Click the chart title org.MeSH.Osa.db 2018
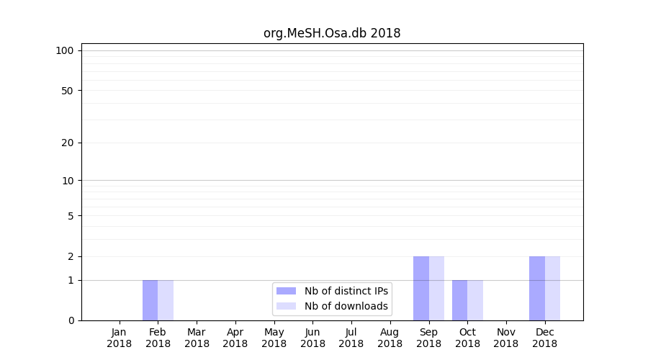pos(332,33)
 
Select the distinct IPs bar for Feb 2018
pos(150,300)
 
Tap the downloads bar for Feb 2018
pos(166,300)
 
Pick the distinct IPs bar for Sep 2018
pos(421,288)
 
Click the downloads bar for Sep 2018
pos(436,288)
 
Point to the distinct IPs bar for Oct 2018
pos(459,300)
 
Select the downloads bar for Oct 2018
pos(475,300)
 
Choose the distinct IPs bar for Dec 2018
pos(537,288)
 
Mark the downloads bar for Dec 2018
pos(552,288)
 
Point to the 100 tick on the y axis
pos(65,50)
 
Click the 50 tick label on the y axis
pos(68,91)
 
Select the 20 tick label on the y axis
pos(68,143)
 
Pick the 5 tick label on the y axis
pos(71,216)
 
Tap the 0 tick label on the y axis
pos(71,320)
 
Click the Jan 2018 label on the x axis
pos(120,338)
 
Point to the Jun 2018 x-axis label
pos(312,338)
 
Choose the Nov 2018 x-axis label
pos(506,338)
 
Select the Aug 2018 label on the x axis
pos(390,338)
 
